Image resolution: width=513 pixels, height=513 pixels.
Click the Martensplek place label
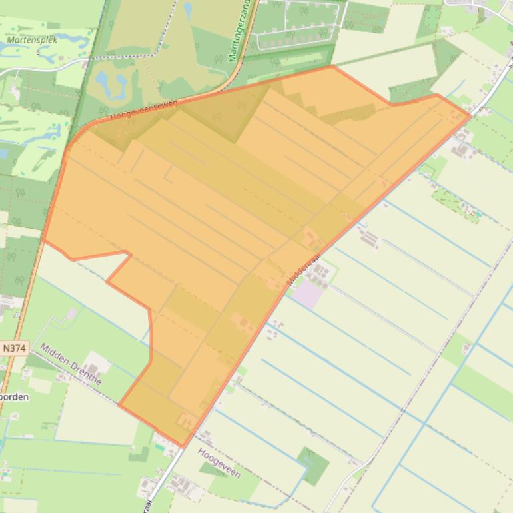point(32,40)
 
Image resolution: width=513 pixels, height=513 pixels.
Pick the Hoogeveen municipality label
point(219,462)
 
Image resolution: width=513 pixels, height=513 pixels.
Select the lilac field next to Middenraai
point(308,295)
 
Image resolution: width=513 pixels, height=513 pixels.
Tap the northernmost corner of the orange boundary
point(331,66)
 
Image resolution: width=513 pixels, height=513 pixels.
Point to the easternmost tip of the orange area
point(470,116)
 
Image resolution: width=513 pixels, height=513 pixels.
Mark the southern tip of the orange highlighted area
point(183,446)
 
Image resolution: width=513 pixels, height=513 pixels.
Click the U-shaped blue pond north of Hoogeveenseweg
point(111,84)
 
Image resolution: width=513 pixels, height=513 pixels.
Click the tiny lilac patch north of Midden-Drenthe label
point(71,313)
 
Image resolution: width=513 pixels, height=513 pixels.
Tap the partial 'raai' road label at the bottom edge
point(148,504)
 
